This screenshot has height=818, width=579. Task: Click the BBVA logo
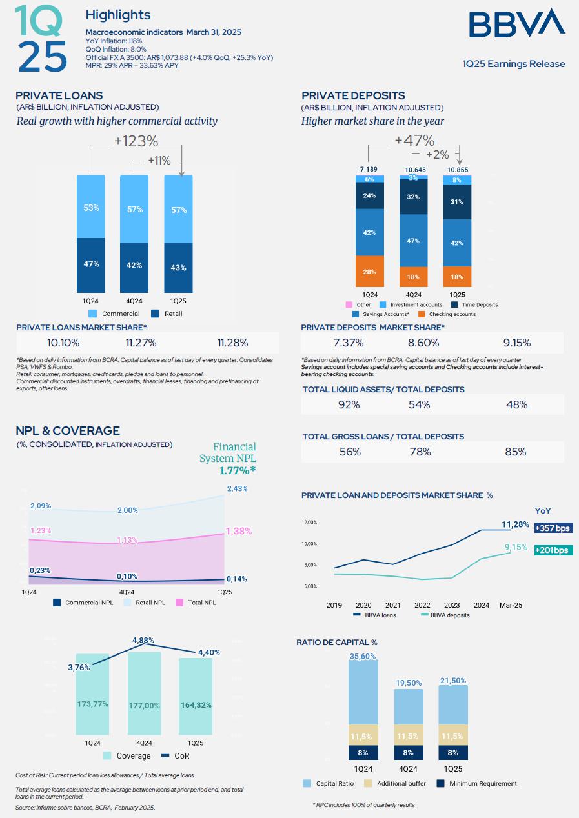(x=516, y=23)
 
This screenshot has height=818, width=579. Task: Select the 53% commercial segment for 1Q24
(x=91, y=207)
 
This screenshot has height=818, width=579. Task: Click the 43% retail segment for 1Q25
(x=179, y=267)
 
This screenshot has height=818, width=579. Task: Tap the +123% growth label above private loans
(x=136, y=141)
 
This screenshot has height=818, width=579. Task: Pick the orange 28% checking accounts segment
(x=369, y=272)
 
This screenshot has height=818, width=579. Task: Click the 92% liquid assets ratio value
(x=349, y=404)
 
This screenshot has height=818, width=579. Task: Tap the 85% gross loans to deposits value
(x=516, y=452)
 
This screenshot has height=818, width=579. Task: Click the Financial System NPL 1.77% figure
(x=237, y=470)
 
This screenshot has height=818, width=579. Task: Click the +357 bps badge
(x=553, y=528)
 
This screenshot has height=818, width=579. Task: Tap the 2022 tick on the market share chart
(x=422, y=605)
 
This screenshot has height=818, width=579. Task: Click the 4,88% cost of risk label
(x=143, y=640)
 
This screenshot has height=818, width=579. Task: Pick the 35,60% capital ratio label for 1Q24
(x=363, y=656)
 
